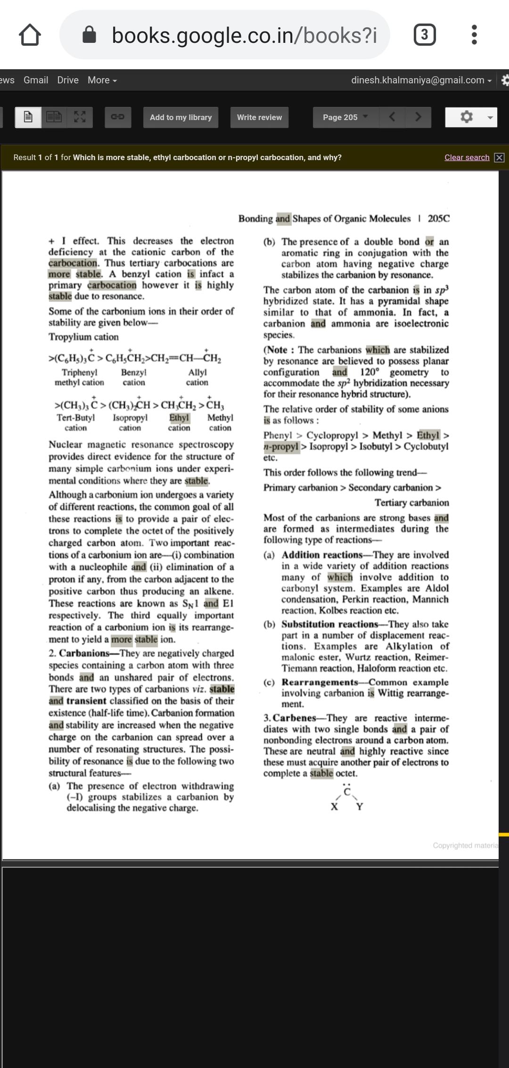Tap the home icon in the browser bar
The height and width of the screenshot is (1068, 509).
pyautogui.click(x=30, y=35)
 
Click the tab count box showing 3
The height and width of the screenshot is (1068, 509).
pyautogui.click(x=424, y=35)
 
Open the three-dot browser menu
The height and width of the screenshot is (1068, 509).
pyautogui.click(x=474, y=35)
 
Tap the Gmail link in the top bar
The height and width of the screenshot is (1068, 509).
pyautogui.click(x=36, y=80)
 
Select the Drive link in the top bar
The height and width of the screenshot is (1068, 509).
pyautogui.click(x=68, y=80)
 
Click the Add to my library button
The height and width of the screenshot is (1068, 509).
pyautogui.click(x=181, y=117)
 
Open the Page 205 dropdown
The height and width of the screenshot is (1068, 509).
pyautogui.click(x=345, y=117)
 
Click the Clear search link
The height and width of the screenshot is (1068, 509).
pyautogui.click(x=467, y=157)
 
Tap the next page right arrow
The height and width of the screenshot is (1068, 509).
pyautogui.click(x=418, y=117)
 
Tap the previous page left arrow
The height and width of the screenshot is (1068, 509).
pyautogui.click(x=392, y=117)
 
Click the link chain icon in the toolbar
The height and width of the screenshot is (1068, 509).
pyautogui.click(x=117, y=117)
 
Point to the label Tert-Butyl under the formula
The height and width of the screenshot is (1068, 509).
pyautogui.click(x=76, y=418)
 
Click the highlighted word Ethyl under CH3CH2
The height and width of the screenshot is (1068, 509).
pyautogui.click(x=179, y=418)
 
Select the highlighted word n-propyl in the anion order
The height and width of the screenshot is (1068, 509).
pyautogui.click(x=281, y=446)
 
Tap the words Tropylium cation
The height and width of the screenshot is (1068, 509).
pyautogui.click(x=83, y=337)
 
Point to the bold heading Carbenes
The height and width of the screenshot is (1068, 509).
pyautogui.click(x=294, y=718)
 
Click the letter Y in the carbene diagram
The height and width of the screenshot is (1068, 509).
pyautogui.click(x=360, y=807)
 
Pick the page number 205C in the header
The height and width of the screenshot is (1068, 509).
pyautogui.click(x=438, y=218)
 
